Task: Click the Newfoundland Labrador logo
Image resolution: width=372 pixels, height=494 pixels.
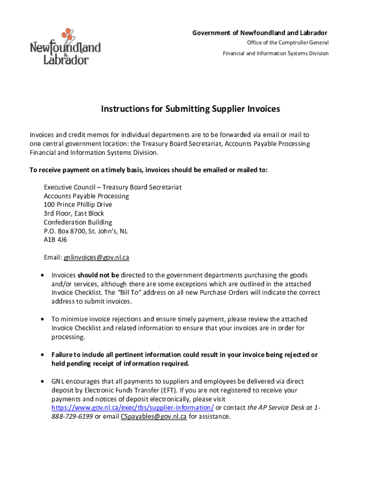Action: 66,47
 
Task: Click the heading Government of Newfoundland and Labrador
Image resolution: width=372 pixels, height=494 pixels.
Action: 260,33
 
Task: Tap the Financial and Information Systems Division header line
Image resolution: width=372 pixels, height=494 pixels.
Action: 275,53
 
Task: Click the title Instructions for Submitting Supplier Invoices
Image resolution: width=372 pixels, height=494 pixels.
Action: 190,109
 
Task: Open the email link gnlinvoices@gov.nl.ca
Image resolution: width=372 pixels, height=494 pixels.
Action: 97,258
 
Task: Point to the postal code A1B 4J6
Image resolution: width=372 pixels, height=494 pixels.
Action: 56,240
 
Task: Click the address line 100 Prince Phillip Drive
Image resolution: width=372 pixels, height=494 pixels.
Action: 78,205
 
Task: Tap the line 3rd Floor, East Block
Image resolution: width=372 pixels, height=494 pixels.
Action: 74,213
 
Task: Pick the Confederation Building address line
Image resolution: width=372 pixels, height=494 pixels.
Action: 78,222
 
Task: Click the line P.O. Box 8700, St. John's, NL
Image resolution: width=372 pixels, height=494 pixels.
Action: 86,231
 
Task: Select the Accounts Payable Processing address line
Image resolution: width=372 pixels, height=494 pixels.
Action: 86,196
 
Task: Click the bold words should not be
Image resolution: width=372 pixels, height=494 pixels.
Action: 99,275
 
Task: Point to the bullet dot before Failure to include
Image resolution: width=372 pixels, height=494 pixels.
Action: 43,355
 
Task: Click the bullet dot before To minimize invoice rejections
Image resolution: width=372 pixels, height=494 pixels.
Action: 43,319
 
